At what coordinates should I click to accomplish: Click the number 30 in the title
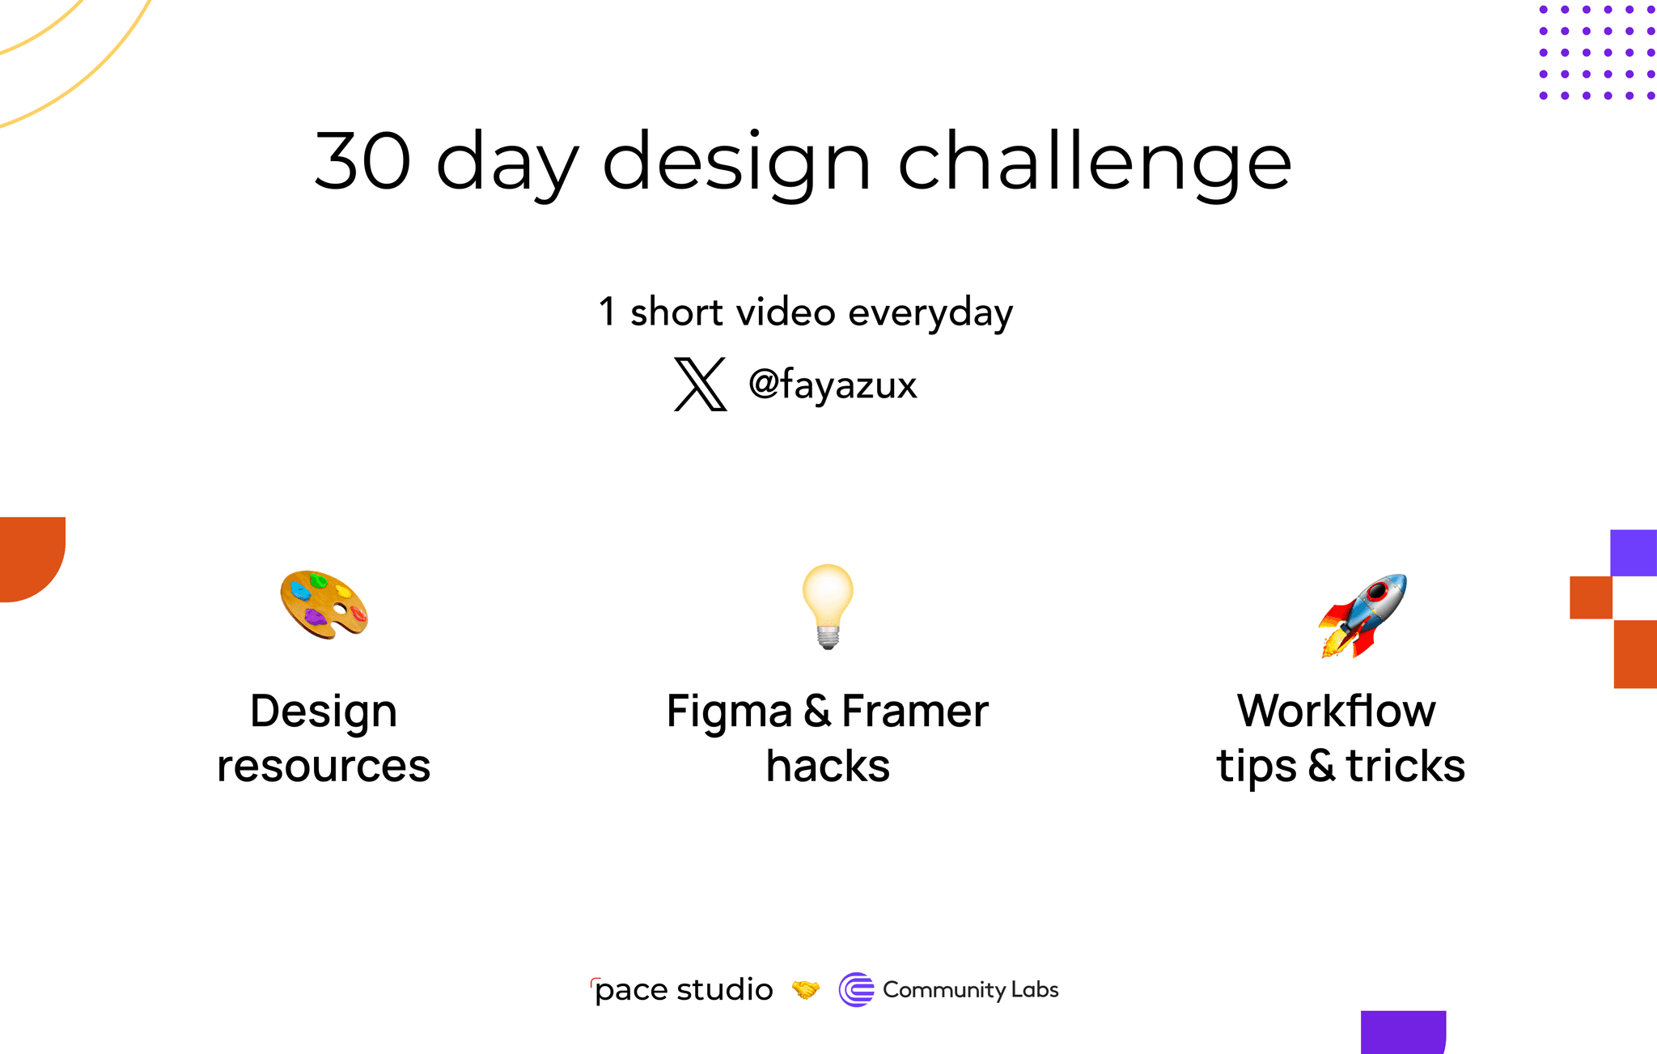click(362, 161)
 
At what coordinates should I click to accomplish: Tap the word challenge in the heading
click(1094, 162)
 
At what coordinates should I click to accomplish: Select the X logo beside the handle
click(701, 384)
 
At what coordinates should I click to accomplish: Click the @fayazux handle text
click(833, 385)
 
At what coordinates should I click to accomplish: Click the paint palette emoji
click(324, 605)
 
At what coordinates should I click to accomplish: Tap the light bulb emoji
click(827, 606)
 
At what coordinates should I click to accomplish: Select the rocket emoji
click(1363, 615)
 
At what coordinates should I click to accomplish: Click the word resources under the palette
click(324, 766)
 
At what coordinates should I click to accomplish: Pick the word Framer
click(914, 712)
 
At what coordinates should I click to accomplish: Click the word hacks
click(828, 766)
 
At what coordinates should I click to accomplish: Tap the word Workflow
click(1337, 712)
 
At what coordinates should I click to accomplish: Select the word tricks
click(1405, 766)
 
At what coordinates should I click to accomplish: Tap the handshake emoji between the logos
click(806, 990)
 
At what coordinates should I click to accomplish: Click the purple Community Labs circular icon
click(856, 990)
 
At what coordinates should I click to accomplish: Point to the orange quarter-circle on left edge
click(28, 555)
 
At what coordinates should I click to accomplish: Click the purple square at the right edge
click(1634, 553)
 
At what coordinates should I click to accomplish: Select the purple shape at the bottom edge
click(1402, 1032)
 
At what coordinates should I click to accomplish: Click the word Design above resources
click(324, 712)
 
